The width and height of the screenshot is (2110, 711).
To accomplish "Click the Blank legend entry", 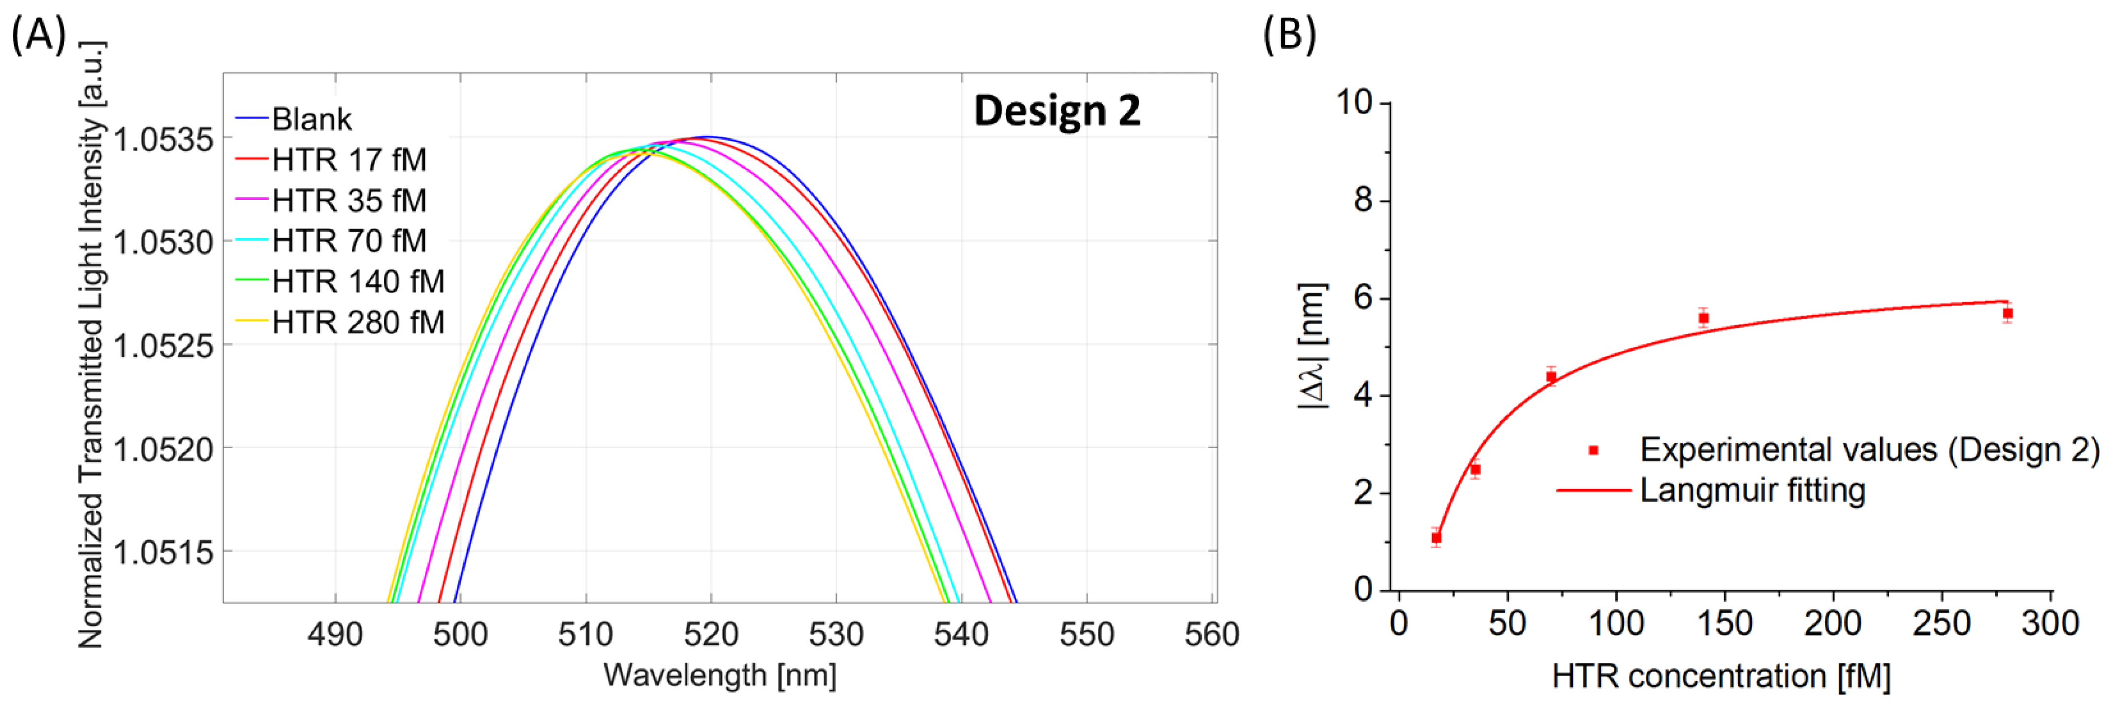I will point(311,120).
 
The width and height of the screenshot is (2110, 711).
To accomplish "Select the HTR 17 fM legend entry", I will point(348,160).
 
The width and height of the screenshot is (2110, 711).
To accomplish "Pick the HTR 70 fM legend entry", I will point(348,241).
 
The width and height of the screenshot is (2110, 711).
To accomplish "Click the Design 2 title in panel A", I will point(1056,111).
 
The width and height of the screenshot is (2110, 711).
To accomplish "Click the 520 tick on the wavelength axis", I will point(710,635).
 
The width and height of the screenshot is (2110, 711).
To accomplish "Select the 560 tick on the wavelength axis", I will point(1212,635).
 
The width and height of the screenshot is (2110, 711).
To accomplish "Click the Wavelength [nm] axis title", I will point(719,676).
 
